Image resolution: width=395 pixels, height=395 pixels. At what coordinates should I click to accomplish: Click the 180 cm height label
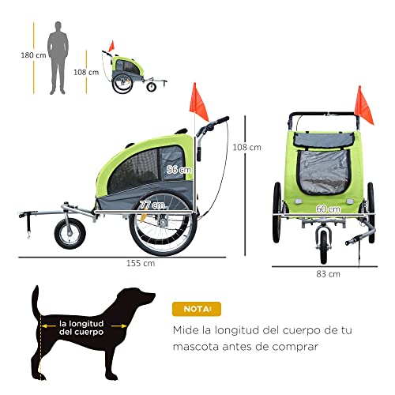(x=33, y=55)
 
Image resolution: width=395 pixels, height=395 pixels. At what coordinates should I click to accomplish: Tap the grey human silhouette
(x=58, y=58)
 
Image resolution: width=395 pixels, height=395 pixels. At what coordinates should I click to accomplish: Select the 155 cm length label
(x=141, y=263)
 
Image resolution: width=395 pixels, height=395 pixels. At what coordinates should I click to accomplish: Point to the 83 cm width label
(x=328, y=274)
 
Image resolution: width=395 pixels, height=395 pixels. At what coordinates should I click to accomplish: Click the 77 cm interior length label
(x=152, y=205)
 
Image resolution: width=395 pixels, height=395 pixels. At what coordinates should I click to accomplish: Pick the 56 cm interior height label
(x=179, y=170)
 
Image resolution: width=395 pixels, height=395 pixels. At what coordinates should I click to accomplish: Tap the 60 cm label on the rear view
(x=328, y=209)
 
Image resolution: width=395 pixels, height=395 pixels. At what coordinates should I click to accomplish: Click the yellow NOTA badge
(x=197, y=309)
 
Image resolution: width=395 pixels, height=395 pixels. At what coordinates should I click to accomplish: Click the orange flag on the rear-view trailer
(x=363, y=106)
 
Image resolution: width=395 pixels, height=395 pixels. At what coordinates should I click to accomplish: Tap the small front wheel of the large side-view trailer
(x=70, y=234)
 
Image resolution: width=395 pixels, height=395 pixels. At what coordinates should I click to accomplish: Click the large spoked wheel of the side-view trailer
(x=163, y=224)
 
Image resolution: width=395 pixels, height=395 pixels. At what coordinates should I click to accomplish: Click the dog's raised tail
(x=36, y=300)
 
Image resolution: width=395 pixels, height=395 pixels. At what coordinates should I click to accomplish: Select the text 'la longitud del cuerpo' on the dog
(x=81, y=328)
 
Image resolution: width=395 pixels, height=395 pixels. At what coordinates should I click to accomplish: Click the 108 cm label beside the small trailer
(x=86, y=72)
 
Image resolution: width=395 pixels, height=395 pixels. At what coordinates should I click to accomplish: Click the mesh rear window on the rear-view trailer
(x=323, y=172)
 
